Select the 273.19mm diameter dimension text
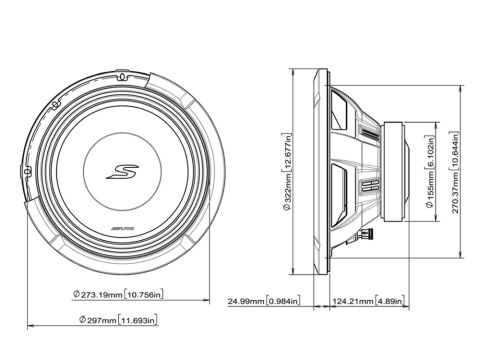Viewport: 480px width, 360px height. (x=98, y=295)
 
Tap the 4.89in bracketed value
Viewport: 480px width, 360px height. (x=390, y=301)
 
